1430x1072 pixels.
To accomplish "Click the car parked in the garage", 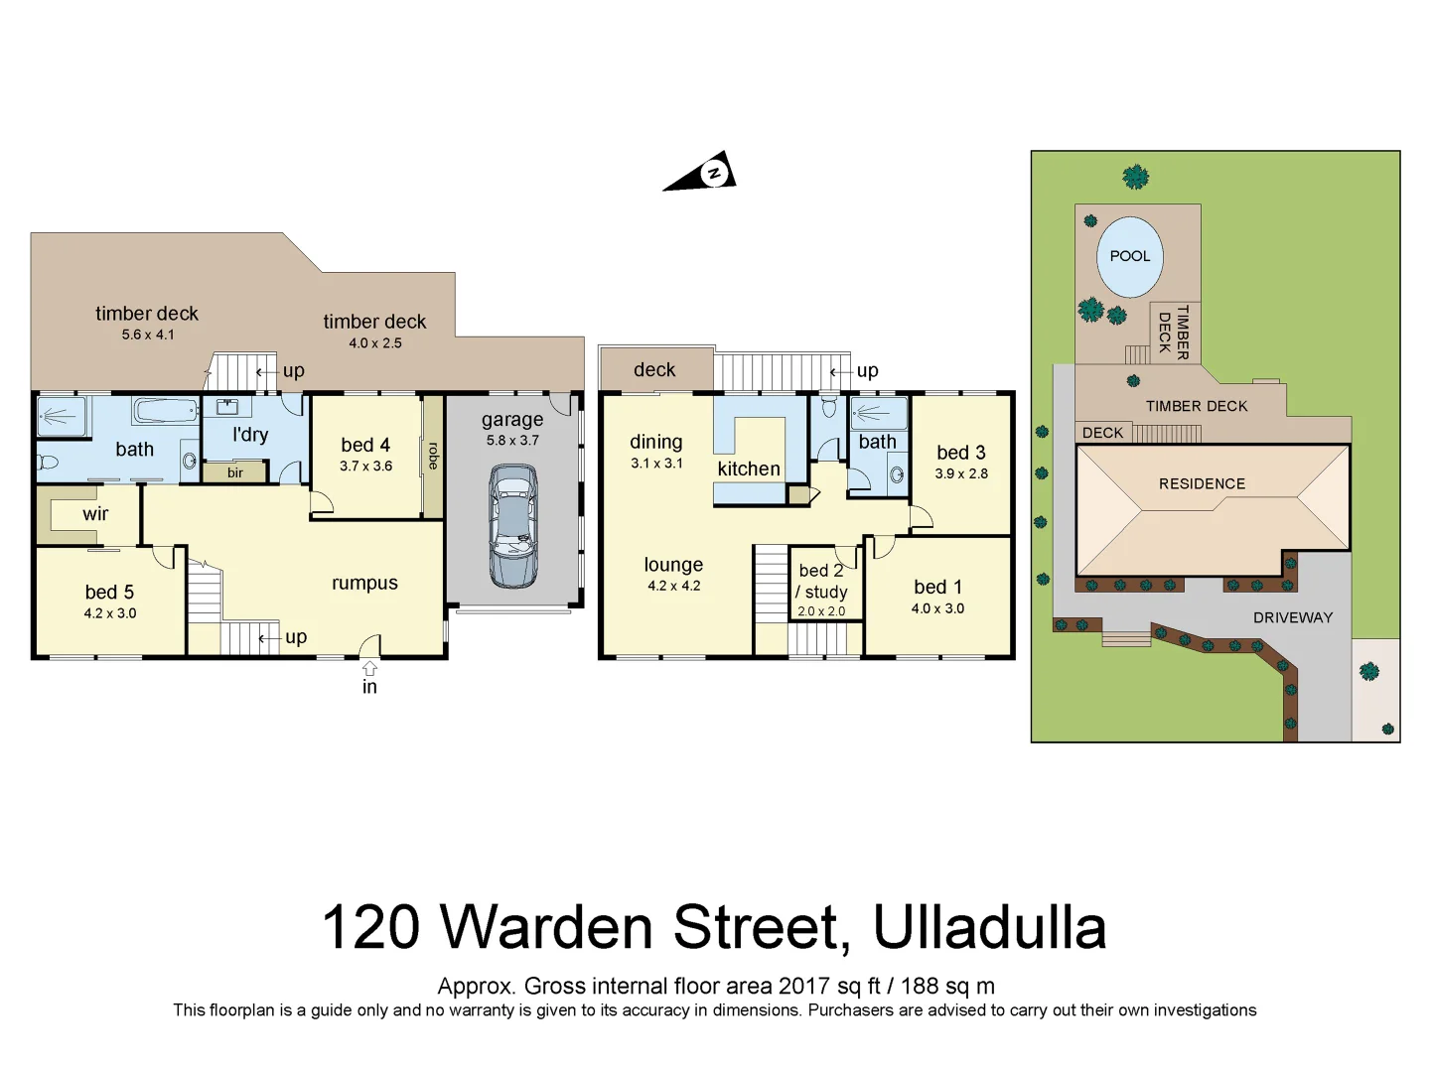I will pyautogui.click(x=512, y=526).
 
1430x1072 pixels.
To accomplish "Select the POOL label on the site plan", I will pyautogui.click(x=1130, y=256).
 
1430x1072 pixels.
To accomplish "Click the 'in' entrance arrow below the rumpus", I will pyautogui.click(x=369, y=671).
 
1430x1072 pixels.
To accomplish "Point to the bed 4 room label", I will pyautogui.click(x=365, y=445).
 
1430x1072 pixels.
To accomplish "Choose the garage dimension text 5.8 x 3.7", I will pyautogui.click(x=512, y=441).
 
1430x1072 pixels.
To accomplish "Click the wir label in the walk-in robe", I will pyautogui.click(x=95, y=514).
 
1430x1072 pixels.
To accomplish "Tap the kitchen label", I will pyautogui.click(x=749, y=469).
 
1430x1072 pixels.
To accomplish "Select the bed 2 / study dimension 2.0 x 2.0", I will pyautogui.click(x=821, y=611).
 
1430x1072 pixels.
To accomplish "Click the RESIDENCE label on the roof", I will pyautogui.click(x=1202, y=484).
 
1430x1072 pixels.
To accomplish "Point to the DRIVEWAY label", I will pyautogui.click(x=1292, y=617).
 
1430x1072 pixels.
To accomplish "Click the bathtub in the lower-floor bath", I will pyautogui.click(x=165, y=411).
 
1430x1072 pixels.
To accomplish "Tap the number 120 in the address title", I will pyautogui.click(x=370, y=927).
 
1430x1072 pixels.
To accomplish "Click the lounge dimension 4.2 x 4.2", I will pyautogui.click(x=673, y=586).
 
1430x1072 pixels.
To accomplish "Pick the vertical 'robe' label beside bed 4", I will pyautogui.click(x=433, y=456).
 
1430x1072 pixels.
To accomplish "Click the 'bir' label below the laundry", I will pyautogui.click(x=235, y=472).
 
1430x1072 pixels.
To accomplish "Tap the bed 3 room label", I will pyautogui.click(x=960, y=453).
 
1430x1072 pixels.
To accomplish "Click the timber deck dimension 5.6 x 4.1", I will pyautogui.click(x=148, y=335).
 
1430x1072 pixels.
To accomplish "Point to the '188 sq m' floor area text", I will pyautogui.click(x=947, y=986).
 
